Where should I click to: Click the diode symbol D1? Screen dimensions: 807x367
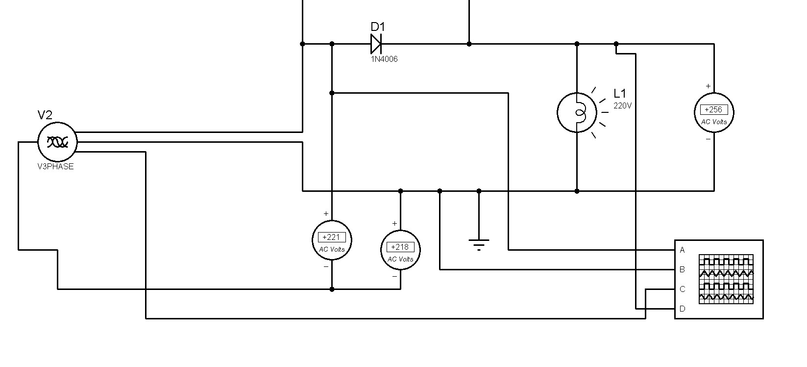(x=376, y=44)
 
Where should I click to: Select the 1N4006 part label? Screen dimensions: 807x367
(x=384, y=59)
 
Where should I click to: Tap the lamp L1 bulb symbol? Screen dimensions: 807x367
(x=577, y=112)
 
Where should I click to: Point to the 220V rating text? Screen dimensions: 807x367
(x=623, y=106)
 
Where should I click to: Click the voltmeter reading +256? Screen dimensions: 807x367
(x=714, y=109)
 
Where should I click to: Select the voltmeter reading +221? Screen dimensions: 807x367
(x=331, y=237)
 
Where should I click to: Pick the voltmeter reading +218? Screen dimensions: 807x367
(x=400, y=247)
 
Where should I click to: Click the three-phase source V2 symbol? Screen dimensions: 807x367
(x=57, y=142)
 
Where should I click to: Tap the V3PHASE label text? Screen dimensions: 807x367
(x=55, y=167)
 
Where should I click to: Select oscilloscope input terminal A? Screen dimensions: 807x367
(x=682, y=250)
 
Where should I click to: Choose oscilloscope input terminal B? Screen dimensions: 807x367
(x=682, y=269)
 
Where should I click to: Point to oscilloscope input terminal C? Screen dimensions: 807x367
(x=682, y=289)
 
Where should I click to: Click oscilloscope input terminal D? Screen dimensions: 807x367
(x=682, y=309)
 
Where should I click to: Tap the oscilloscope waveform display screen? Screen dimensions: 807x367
(x=726, y=279)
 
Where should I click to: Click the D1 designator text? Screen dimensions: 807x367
(x=378, y=26)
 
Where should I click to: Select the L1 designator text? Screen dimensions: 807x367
(x=620, y=93)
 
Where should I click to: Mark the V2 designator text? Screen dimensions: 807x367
(x=45, y=115)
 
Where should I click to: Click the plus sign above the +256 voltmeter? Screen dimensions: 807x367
(x=709, y=86)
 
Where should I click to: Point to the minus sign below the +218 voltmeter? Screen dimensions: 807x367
(x=394, y=276)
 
